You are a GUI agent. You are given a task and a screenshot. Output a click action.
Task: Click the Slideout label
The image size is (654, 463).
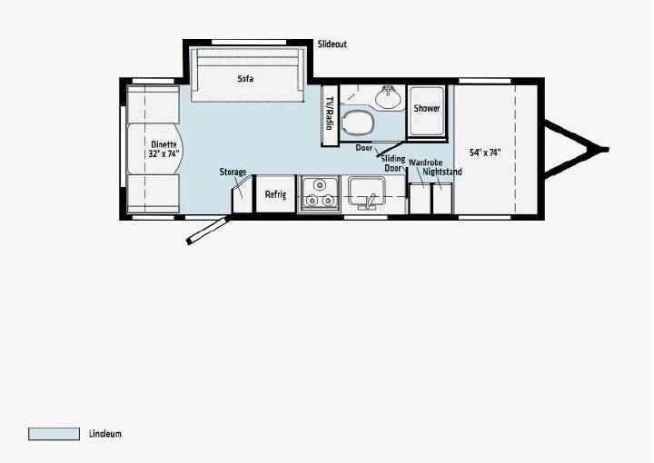332,44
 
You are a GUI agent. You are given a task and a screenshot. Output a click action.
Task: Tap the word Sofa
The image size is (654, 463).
245,79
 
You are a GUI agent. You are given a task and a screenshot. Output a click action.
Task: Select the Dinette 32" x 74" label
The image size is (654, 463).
163,149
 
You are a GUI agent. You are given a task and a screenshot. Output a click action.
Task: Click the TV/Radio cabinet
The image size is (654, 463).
330,115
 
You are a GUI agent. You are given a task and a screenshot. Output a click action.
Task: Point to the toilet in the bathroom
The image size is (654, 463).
357,123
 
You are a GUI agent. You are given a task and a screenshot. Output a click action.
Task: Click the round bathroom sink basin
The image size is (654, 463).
388,97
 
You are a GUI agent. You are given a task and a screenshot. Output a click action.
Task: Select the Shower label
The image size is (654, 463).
427,108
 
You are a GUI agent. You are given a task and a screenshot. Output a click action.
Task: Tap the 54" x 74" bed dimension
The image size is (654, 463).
485,153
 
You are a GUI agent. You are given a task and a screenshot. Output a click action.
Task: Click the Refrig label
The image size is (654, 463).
276,194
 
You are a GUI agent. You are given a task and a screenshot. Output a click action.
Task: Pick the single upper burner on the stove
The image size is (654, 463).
320,184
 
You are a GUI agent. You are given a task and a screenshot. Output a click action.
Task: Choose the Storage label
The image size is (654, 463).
233,172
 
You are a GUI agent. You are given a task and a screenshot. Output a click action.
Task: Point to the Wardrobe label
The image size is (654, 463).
425,163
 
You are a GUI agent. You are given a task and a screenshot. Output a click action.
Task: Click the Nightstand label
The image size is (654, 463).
442,172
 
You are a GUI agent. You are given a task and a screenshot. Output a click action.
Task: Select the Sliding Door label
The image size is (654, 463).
393,163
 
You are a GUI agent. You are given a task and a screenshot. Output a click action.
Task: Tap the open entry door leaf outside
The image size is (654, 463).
208,230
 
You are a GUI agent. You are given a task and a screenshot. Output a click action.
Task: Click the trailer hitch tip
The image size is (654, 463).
606,150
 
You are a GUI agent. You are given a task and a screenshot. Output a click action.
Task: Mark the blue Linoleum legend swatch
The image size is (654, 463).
54,434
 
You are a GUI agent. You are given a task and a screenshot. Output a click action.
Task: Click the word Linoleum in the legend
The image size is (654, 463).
105,434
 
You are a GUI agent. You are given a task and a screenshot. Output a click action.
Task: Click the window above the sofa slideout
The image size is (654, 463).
249,42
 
